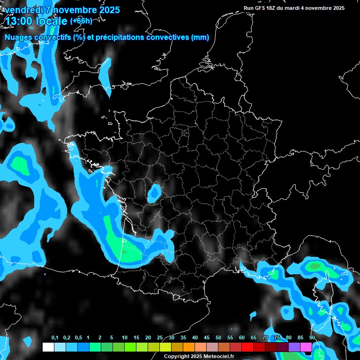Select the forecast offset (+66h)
[81, 21]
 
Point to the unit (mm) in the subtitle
[200, 37]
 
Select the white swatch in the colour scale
[48, 347]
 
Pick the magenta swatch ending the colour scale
[306, 347]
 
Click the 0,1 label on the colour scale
[54, 338]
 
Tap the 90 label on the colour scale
[312, 338]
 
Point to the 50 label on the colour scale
[218, 338]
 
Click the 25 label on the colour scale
[160, 338]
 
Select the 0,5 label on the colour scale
[78, 338]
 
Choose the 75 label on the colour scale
[277, 338]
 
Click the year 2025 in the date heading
[108, 10]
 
